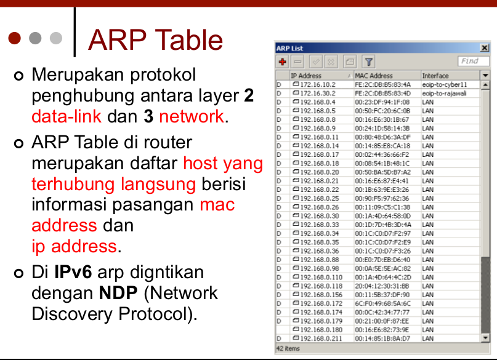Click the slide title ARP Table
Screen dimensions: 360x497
[x=155, y=40]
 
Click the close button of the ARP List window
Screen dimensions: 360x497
[x=484, y=48]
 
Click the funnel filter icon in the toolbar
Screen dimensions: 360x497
[x=368, y=62]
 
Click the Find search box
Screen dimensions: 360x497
[x=473, y=61]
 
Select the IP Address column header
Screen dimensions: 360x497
[x=306, y=76]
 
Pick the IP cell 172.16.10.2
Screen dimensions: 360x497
[x=317, y=84]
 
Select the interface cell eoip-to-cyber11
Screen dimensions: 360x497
[x=444, y=84]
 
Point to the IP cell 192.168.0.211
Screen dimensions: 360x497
[x=320, y=338]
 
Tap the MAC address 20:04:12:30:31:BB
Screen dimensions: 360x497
[x=382, y=286]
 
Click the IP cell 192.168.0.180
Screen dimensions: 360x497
[x=320, y=330]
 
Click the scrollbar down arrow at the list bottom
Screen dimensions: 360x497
[x=485, y=338]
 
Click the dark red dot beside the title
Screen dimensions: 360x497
[x=15, y=39]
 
